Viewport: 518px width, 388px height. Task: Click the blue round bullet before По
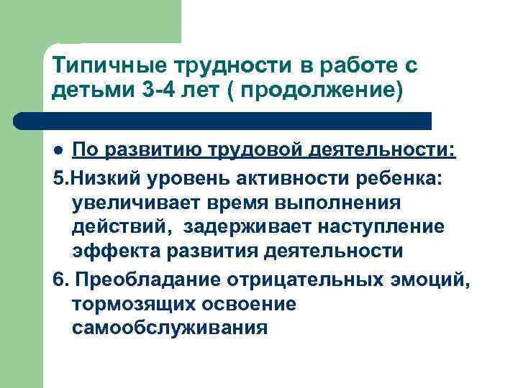tap(60, 149)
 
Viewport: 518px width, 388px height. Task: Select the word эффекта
tap(110, 252)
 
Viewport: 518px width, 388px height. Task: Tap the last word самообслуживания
tap(170, 328)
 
